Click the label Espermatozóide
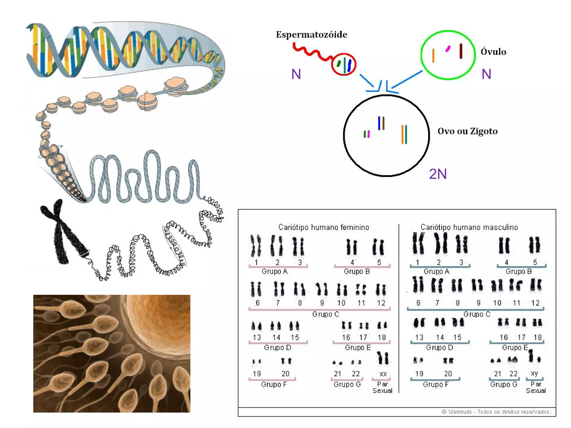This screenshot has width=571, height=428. click(311, 35)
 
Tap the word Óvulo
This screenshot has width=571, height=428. click(493, 52)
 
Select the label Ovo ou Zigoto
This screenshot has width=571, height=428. click(467, 131)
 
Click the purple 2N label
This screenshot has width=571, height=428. click(438, 174)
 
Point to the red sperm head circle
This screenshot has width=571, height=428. click(343, 64)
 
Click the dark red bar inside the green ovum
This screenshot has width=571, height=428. click(461, 51)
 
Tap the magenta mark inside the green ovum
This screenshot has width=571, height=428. click(448, 49)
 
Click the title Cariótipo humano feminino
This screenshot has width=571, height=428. click(324, 227)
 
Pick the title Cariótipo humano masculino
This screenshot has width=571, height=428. click(469, 227)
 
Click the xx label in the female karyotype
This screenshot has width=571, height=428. click(383, 374)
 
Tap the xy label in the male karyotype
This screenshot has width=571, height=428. click(534, 373)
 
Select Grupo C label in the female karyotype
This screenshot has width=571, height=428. click(325, 314)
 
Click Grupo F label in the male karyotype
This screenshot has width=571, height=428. click(435, 385)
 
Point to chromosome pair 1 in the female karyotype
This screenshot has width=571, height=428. click(256, 246)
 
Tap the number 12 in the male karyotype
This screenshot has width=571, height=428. click(535, 303)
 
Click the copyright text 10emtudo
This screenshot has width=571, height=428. click(496, 412)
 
